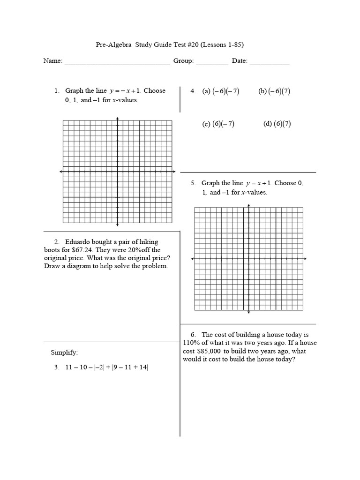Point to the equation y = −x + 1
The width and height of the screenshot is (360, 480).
tap(125, 91)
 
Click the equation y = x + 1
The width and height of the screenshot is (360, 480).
tap(259, 183)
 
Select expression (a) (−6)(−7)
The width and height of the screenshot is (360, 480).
tap(221, 91)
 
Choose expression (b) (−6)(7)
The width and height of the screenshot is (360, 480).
tap(274, 91)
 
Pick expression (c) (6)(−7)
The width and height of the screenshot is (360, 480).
tap(218, 124)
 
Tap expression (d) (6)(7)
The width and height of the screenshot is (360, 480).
tap(277, 124)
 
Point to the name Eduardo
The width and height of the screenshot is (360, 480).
tap(78, 242)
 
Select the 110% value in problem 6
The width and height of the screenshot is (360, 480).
tap(192, 343)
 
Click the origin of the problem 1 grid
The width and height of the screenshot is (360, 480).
tap(117, 172)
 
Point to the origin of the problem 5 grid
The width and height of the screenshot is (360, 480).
tap(248, 259)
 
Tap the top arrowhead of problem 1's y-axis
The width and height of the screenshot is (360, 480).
tap(117, 118)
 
